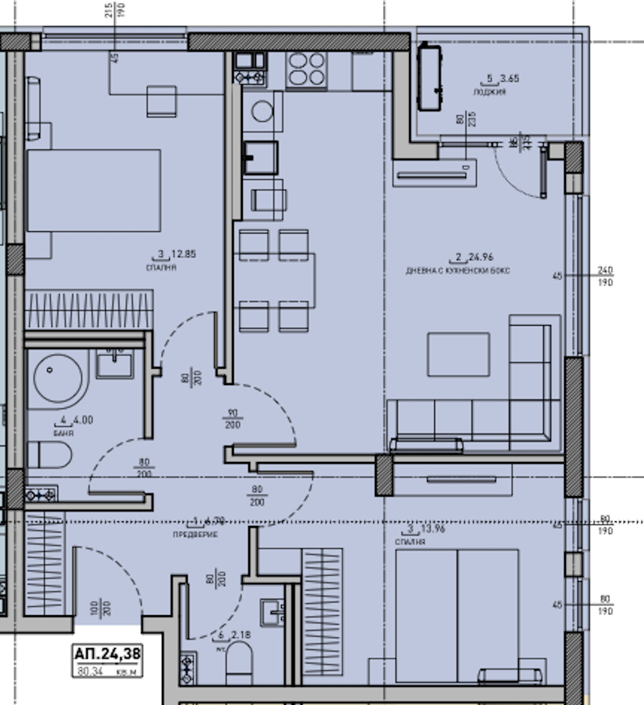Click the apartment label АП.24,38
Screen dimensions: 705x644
click(107, 653)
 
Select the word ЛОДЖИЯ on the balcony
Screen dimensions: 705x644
click(489, 91)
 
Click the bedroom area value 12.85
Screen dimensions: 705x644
click(183, 254)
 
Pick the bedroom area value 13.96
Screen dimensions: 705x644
click(432, 529)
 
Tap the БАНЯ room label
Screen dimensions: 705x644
click(64, 433)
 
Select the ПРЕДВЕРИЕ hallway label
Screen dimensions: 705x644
click(195, 534)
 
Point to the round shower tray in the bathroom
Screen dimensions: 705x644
click(58, 378)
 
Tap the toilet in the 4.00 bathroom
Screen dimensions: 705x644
click(49, 455)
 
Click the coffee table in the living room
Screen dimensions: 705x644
click(458, 354)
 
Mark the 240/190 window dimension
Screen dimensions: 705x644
click(605, 276)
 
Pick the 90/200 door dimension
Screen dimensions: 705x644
click(232, 419)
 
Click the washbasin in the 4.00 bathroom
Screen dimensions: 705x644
click(115, 363)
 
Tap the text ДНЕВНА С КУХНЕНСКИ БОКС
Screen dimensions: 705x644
click(457, 271)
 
